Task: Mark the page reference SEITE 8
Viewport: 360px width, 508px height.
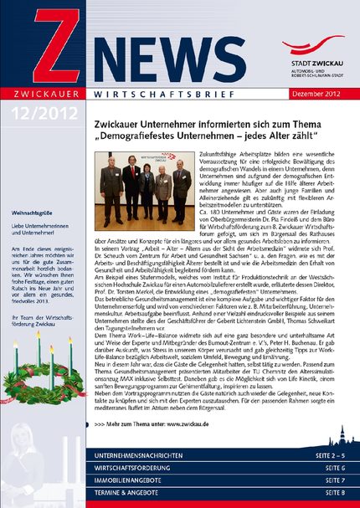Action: [x=333, y=495]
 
